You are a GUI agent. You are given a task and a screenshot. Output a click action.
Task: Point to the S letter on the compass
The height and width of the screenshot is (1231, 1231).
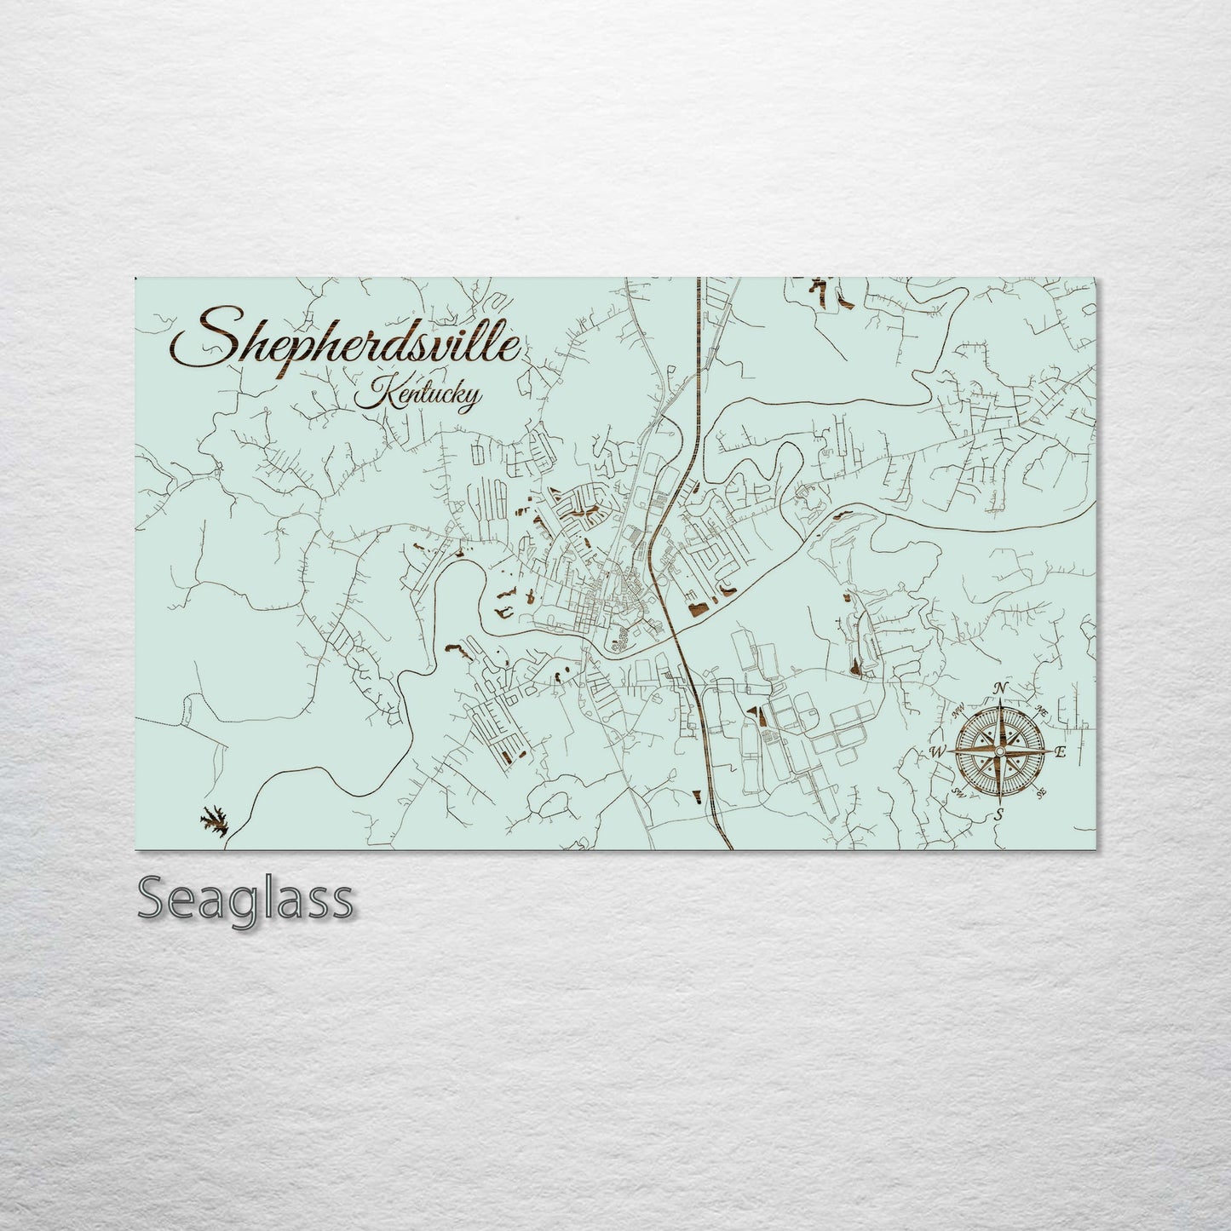(998, 815)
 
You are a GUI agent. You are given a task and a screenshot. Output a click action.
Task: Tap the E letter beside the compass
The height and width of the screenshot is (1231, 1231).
(1061, 752)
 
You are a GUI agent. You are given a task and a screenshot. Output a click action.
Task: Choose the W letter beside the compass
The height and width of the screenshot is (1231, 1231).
(937, 751)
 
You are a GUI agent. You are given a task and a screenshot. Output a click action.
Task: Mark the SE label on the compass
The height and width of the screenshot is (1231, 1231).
(1041, 793)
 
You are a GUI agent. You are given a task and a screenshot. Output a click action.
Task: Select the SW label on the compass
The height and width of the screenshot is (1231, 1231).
(958, 794)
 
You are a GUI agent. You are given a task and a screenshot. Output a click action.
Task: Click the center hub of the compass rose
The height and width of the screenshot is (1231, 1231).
(999, 751)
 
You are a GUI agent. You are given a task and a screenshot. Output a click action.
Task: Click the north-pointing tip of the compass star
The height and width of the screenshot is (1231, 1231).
(1000, 699)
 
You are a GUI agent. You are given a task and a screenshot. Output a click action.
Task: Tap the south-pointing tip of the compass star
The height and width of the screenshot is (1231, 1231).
(999, 802)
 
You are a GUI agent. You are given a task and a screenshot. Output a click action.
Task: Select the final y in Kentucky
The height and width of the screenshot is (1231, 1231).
(470, 400)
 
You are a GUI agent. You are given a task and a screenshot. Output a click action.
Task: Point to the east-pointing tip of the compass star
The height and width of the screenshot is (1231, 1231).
(1050, 751)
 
